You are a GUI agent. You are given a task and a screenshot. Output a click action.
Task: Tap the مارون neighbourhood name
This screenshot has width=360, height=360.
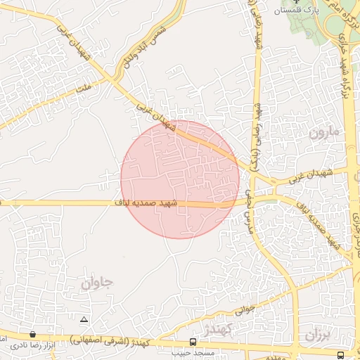[x=323, y=131]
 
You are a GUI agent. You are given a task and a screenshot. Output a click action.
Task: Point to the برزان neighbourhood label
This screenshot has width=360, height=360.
[x=316, y=335]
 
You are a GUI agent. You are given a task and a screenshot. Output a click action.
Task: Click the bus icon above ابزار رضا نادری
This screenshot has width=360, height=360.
[x=32, y=335]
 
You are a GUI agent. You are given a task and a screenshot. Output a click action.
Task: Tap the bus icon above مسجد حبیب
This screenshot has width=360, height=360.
[x=193, y=342]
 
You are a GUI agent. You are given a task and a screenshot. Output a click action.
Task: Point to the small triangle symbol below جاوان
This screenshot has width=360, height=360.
[x=84, y=320]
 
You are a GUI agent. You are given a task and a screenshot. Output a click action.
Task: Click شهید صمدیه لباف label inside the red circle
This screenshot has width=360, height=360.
[x=148, y=202]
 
